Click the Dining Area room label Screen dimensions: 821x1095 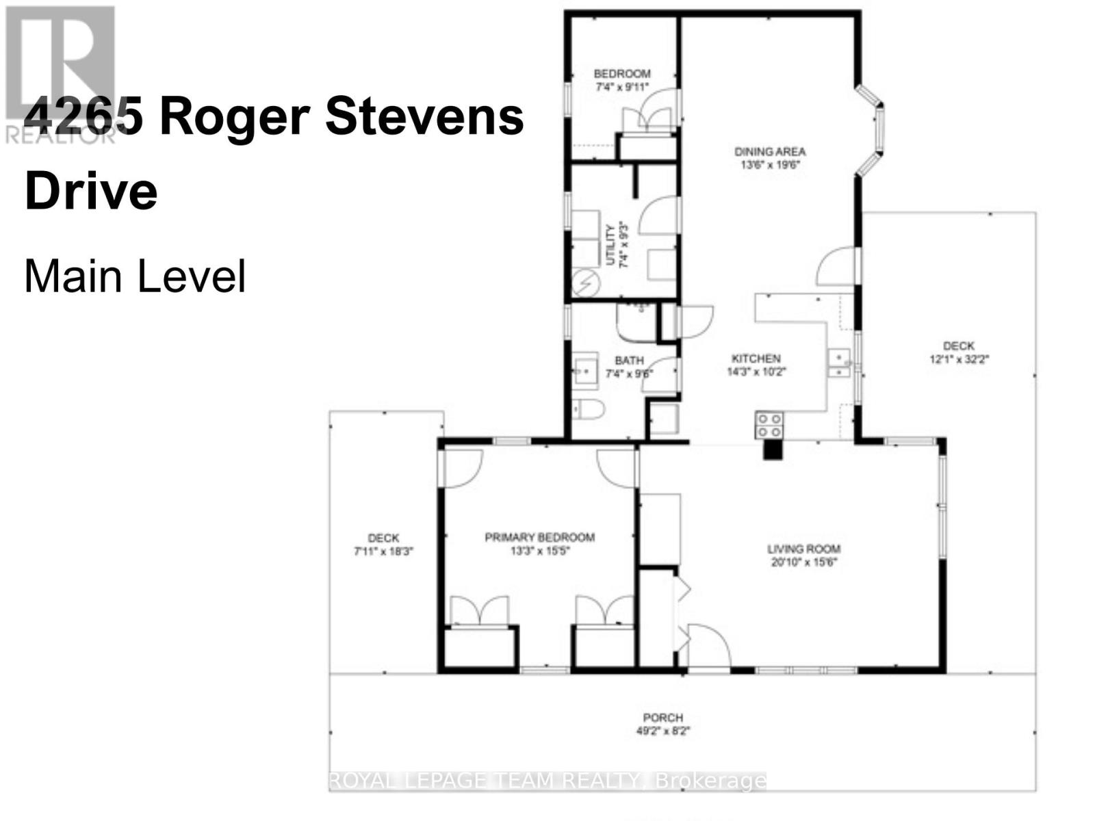pyautogui.click(x=769, y=152)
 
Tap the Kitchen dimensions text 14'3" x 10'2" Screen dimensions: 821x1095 pyautogui.click(x=756, y=372)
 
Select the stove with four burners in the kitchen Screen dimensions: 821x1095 pyautogui.click(x=769, y=425)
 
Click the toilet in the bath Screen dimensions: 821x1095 pyautogui.click(x=588, y=410)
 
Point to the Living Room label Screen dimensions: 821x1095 pyautogui.click(x=803, y=549)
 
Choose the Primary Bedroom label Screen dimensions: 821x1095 pyautogui.click(x=539, y=538)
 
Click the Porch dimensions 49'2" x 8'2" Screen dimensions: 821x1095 pyautogui.click(x=662, y=731)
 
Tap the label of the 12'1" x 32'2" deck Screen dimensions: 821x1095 pyautogui.click(x=958, y=346)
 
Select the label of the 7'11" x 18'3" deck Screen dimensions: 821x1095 pyautogui.click(x=383, y=538)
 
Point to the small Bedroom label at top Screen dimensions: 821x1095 pyautogui.click(x=621, y=74)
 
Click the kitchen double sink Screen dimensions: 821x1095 pyautogui.click(x=838, y=364)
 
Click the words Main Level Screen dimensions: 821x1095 pyautogui.click(x=135, y=277)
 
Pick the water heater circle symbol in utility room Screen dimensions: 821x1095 pyautogui.click(x=584, y=282)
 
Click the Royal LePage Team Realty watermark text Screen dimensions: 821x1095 pyautogui.click(x=547, y=781)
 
